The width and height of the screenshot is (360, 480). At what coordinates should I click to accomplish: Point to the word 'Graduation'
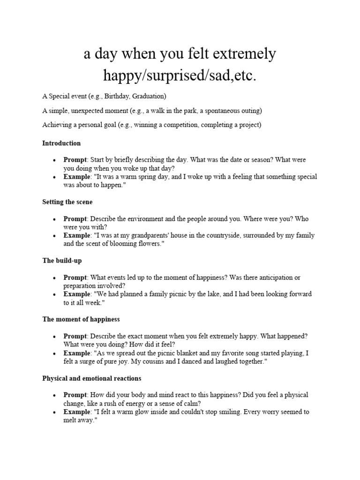149,96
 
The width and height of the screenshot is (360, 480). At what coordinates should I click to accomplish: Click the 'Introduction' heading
61,143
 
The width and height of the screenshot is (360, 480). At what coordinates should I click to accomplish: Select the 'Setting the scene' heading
67,202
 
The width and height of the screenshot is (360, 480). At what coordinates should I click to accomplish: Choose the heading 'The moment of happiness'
81,319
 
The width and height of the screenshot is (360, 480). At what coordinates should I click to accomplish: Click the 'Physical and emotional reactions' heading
92,378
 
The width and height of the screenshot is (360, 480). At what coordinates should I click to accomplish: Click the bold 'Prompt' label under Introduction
75,160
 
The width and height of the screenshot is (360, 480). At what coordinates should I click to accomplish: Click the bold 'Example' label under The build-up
77,294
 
